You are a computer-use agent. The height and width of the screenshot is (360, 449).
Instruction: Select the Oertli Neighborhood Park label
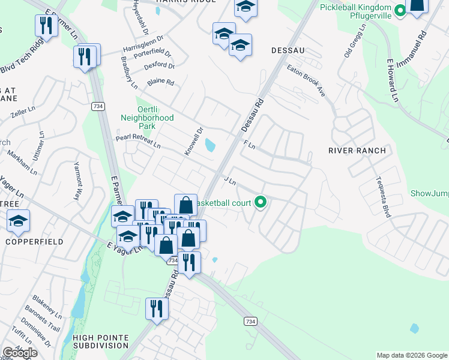(x=147, y=118)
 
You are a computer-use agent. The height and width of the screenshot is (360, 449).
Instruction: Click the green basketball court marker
(x=260, y=202)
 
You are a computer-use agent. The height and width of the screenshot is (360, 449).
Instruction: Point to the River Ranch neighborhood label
(x=357, y=151)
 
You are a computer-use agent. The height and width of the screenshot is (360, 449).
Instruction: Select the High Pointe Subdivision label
(x=100, y=341)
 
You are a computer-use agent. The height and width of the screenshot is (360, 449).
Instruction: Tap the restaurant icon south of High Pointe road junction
(x=157, y=308)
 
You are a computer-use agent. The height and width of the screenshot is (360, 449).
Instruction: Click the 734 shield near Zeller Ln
(x=97, y=106)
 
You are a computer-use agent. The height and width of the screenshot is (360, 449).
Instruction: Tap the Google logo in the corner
(x=20, y=353)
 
